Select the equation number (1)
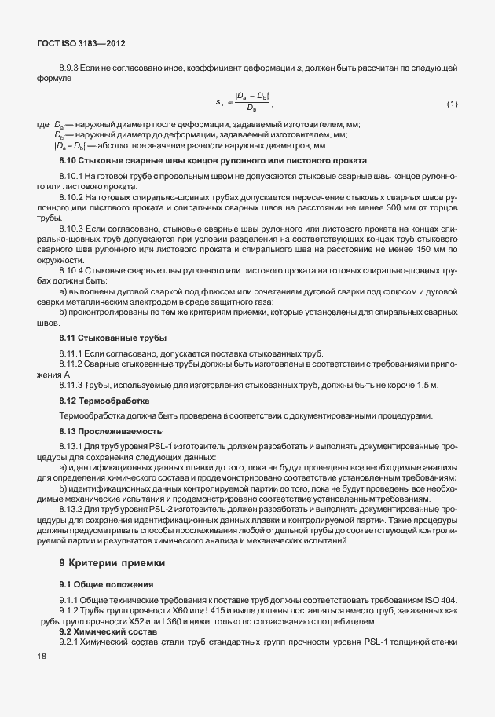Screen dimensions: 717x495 point(452,104)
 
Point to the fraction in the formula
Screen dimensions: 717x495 point(251,103)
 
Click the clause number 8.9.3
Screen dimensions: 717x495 point(72,71)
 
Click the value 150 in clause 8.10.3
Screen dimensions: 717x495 point(432,248)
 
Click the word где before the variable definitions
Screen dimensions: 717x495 point(43,126)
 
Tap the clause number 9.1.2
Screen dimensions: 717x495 point(72,611)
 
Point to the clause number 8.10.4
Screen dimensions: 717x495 point(75,269)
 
